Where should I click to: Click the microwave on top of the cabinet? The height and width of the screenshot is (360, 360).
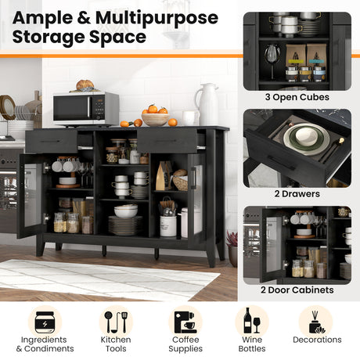pos(86,109)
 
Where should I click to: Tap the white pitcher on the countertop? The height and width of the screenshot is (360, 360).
pos(207,104)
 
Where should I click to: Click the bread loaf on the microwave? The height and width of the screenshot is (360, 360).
pos(85,85)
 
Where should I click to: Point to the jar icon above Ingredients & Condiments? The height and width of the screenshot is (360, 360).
pos(45,322)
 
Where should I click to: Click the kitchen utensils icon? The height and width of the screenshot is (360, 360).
pos(116,322)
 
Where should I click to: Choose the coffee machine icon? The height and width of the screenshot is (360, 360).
pos(185,322)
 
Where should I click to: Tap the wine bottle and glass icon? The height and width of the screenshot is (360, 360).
pos(252,321)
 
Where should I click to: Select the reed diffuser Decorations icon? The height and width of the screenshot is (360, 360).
pos(317,322)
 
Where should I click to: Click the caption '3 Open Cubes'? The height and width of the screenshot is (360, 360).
pos(297,97)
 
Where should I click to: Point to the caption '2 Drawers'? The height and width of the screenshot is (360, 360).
pos(297,194)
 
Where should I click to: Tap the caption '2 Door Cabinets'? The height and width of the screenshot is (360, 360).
pos(297,290)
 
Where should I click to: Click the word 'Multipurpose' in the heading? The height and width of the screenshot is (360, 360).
pos(157,18)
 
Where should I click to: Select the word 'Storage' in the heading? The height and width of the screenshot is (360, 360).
pos(48,37)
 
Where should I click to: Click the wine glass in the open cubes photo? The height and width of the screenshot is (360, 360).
pos(272,61)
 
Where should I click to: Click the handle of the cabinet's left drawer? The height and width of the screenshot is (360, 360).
pos(51,141)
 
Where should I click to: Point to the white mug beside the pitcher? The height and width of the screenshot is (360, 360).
pos(190,118)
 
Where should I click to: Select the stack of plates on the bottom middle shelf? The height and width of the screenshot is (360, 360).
pos(125,225)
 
